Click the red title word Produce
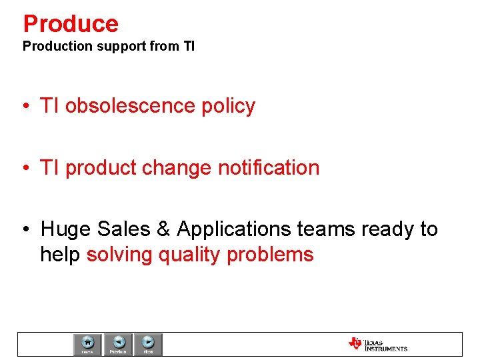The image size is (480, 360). tap(71, 24)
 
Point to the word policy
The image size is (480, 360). tap(230, 107)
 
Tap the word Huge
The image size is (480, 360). tap(66, 229)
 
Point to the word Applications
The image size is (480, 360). tap(234, 230)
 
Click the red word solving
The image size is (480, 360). tap(119, 255)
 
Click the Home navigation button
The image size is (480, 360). tap(87, 344)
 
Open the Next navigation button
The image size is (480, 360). tap(148, 344)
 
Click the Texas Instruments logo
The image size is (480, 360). tap(377, 344)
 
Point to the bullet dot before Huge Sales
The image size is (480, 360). tap(25, 230)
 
